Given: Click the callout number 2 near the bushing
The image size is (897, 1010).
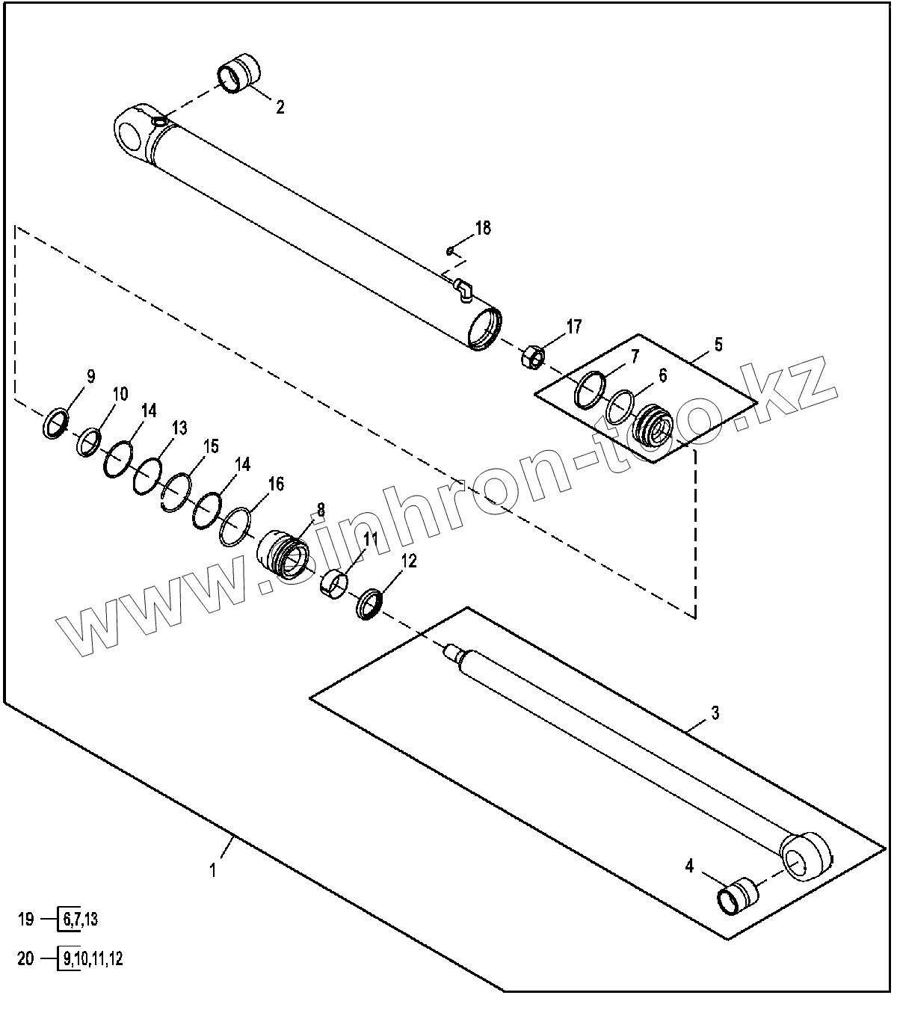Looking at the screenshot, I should [280, 107].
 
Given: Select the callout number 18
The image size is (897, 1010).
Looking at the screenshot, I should [483, 228].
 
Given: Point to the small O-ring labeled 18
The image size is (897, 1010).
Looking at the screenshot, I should [448, 250].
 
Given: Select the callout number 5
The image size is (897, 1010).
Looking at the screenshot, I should [718, 345].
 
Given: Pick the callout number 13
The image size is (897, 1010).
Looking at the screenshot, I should [179, 428].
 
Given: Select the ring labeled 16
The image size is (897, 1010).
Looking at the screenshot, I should [236, 527].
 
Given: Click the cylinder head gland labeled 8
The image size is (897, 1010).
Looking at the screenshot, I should [283, 554].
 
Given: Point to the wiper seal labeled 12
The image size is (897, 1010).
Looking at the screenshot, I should [370, 603].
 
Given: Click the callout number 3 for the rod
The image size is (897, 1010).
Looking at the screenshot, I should [715, 712].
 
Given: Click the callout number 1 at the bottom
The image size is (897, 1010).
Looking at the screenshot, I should [213, 869].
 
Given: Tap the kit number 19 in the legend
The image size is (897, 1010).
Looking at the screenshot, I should [26, 920].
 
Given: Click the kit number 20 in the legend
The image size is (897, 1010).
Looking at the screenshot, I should [26, 959].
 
